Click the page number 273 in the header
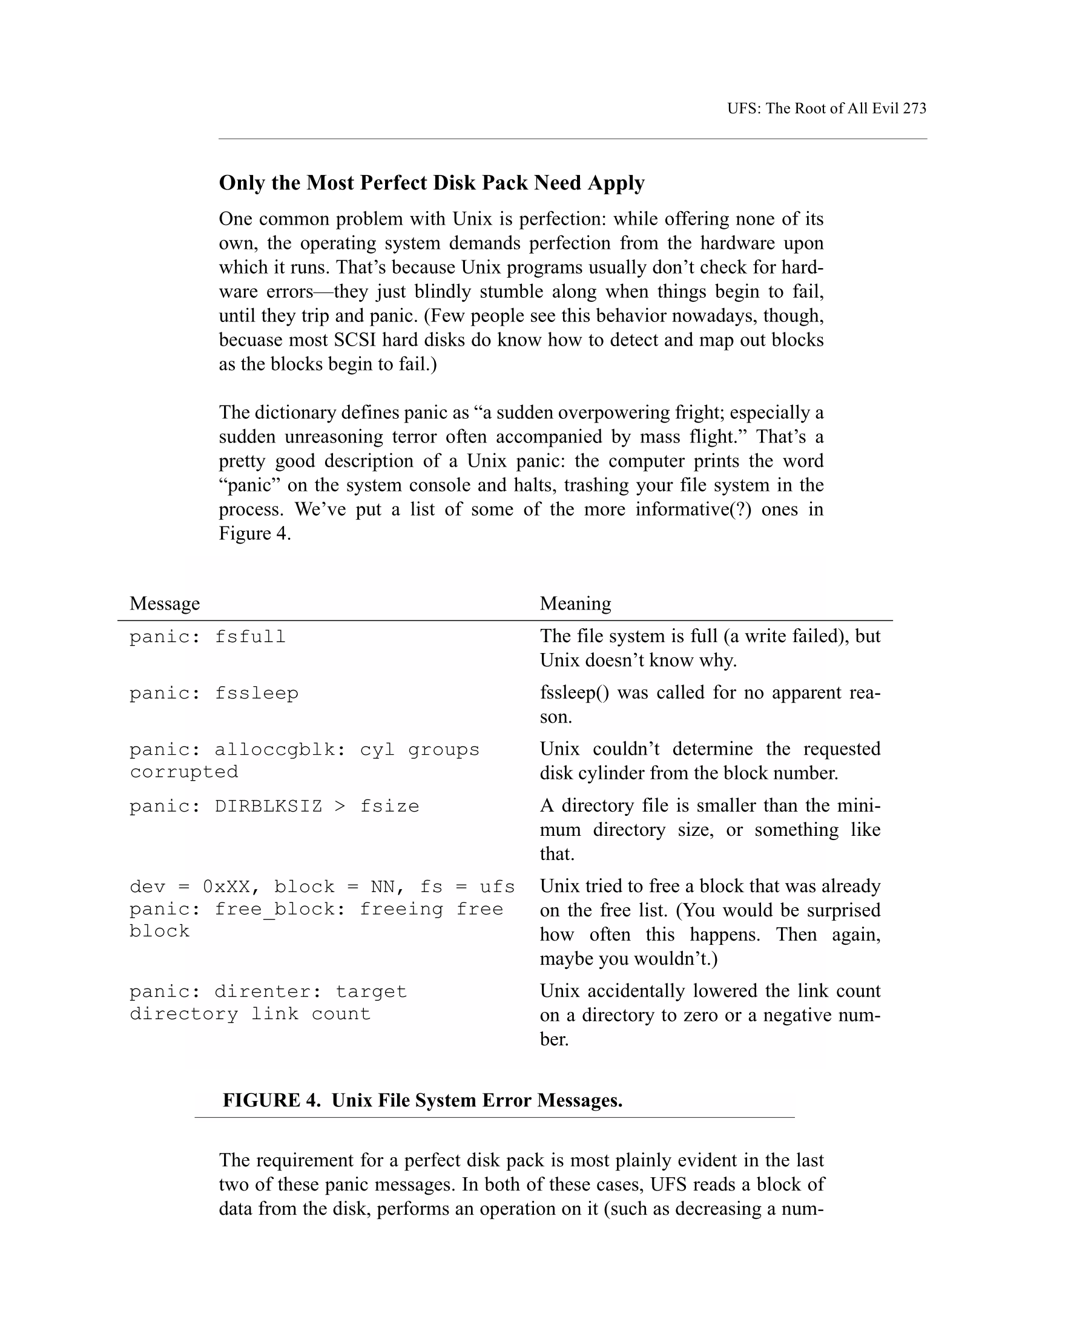pos(914,108)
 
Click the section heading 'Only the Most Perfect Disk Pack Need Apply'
pos(431,183)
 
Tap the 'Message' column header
pos(165,603)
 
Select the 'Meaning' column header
pos(575,603)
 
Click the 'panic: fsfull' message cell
pos(208,637)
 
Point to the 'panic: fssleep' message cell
pos(214,692)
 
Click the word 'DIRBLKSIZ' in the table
pos(268,806)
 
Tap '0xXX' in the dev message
pos(226,887)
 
